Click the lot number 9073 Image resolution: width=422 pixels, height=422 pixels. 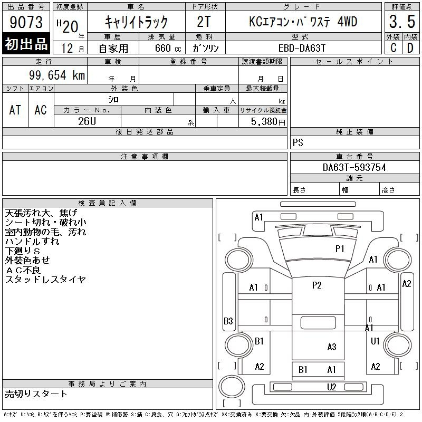(x=26, y=22)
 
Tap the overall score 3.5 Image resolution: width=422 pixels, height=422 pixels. (x=402, y=22)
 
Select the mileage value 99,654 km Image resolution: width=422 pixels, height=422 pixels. (x=57, y=75)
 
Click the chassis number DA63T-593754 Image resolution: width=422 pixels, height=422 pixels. (x=354, y=167)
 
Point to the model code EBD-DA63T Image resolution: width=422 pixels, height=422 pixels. (x=302, y=48)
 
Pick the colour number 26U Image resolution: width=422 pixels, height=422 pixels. (x=87, y=121)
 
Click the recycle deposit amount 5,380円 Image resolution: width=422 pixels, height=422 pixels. (x=268, y=122)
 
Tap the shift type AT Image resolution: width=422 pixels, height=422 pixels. (x=15, y=110)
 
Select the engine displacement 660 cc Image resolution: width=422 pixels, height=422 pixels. (x=168, y=48)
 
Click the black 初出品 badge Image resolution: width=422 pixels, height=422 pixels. (x=26, y=44)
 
